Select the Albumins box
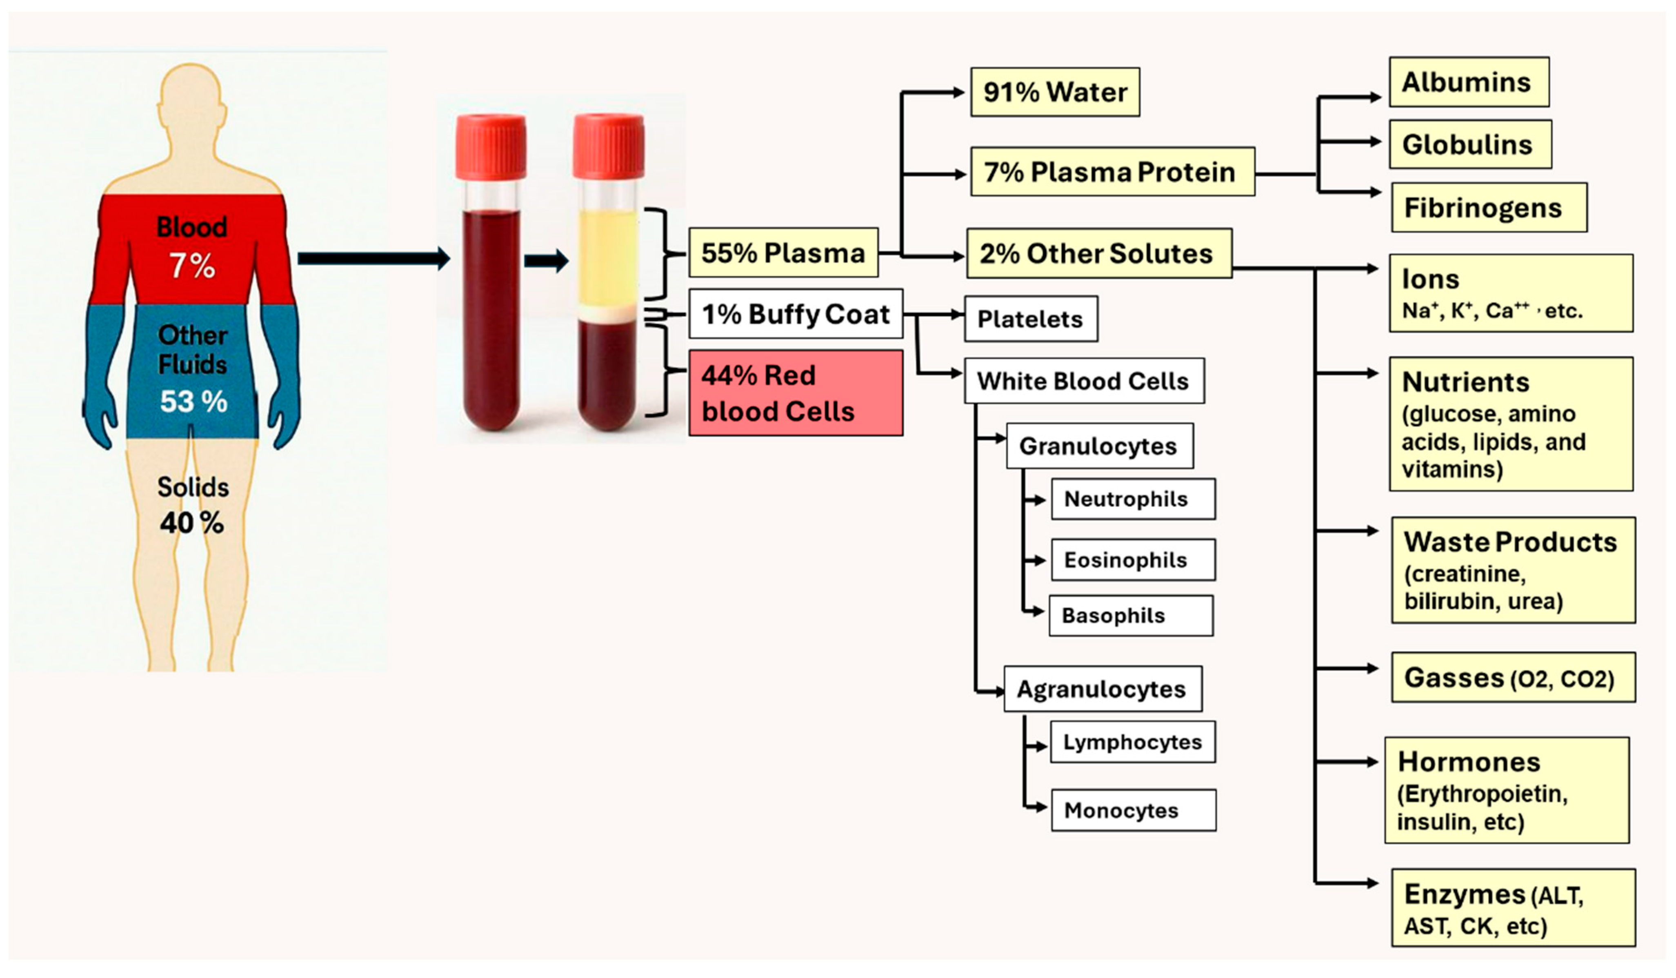click(1469, 82)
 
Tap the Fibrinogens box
click(1489, 207)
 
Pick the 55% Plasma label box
click(783, 253)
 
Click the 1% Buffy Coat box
click(796, 314)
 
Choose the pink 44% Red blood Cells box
click(796, 393)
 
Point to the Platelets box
click(1030, 319)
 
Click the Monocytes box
click(1133, 810)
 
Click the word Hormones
click(1469, 762)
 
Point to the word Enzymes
click(1465, 895)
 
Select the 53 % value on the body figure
click(193, 401)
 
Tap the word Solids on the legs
click(193, 487)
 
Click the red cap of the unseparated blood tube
click(491, 146)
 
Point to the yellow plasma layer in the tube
click(607, 256)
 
